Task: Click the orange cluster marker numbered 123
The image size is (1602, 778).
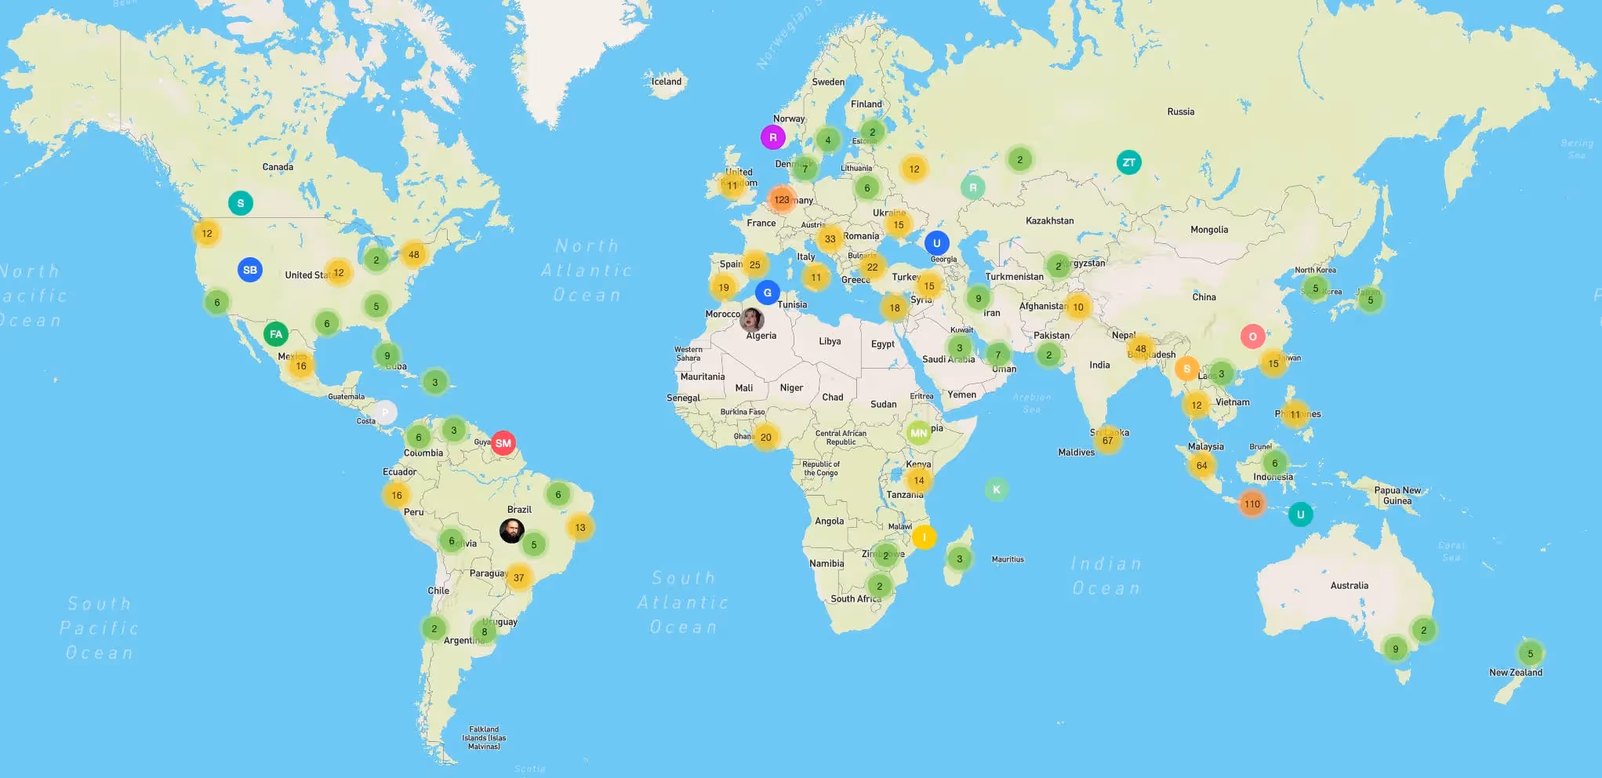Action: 782,199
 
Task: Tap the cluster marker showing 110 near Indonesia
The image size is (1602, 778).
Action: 1251,504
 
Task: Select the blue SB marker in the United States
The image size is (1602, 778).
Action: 249,270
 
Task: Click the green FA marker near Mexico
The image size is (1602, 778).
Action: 275,334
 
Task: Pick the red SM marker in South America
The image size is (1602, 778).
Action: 503,443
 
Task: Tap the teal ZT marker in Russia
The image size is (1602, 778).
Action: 1128,162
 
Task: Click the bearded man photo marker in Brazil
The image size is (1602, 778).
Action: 512,531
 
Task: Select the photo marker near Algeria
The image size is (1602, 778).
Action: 751,319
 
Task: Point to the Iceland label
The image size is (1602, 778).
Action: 667,82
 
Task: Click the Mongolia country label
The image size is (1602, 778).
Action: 1208,230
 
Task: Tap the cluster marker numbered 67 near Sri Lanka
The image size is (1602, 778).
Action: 1107,440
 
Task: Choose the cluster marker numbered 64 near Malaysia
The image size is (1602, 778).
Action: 1201,465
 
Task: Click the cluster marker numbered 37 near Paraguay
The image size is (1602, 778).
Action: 518,577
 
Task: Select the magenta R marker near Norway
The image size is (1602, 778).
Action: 772,137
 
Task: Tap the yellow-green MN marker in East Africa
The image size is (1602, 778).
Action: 918,432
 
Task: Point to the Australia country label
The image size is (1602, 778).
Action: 1349,586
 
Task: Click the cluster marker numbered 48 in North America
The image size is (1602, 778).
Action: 413,254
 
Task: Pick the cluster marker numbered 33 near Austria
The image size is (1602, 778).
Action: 830,239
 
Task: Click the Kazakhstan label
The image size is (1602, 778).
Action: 1049,221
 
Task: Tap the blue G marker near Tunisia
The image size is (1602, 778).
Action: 767,293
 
